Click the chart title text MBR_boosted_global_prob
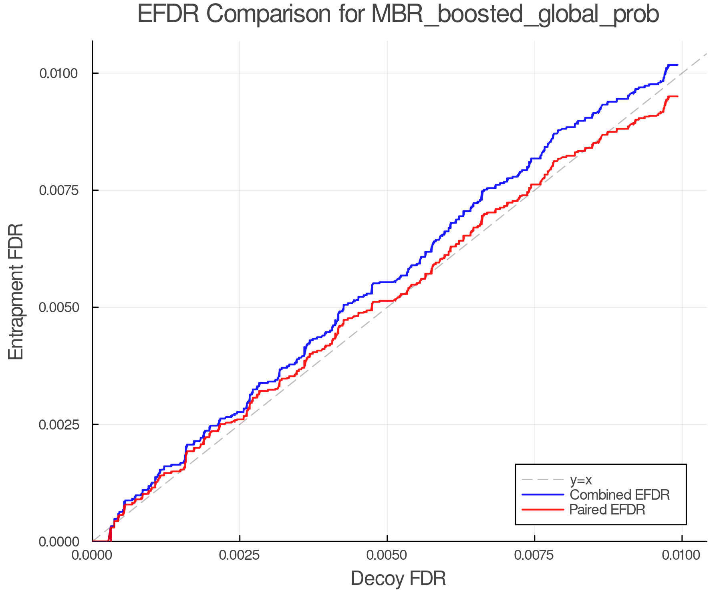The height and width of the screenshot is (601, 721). pyautogui.click(x=515, y=15)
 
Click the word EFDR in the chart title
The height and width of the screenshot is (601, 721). pyautogui.click(x=168, y=14)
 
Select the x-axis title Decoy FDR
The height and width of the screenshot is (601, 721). pyautogui.click(x=398, y=579)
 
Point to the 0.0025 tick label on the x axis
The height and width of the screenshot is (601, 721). pyautogui.click(x=240, y=555)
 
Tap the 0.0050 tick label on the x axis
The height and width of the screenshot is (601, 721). pyautogui.click(x=387, y=555)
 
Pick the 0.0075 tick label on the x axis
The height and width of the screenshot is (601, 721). pyautogui.click(x=534, y=555)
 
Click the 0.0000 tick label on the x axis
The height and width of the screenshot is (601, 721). pyautogui.click(x=92, y=555)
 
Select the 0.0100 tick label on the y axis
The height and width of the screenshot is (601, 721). pyautogui.click(x=58, y=73)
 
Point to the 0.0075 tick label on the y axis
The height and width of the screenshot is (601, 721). pyautogui.click(x=58, y=190)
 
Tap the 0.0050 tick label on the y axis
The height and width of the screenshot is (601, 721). pyautogui.click(x=58, y=307)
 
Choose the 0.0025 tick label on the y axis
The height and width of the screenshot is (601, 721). pyautogui.click(x=58, y=424)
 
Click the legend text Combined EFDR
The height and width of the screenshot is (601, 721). pyautogui.click(x=619, y=495)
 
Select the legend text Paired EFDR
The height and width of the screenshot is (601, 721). pyautogui.click(x=607, y=510)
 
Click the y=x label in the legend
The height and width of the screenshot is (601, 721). pyautogui.click(x=581, y=480)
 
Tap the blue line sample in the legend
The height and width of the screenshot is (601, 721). pyautogui.click(x=543, y=495)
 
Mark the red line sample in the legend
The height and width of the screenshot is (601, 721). pyautogui.click(x=543, y=510)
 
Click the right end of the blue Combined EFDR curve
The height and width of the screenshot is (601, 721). pyautogui.click(x=677, y=65)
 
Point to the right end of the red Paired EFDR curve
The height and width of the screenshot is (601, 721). pyautogui.click(x=677, y=97)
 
